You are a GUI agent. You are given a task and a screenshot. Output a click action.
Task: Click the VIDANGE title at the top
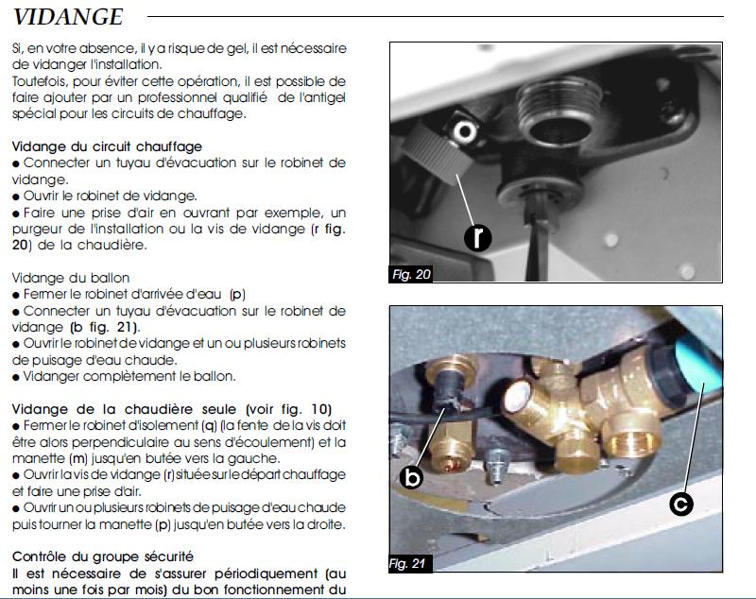coord(68,17)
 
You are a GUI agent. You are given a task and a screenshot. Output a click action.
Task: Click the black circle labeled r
coord(477,237)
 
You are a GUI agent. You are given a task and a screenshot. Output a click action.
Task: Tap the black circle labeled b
coord(411,477)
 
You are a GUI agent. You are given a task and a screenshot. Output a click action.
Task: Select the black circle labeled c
coord(681,504)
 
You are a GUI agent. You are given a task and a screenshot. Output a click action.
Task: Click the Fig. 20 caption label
coord(411,274)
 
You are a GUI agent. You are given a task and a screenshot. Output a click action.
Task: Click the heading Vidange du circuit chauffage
coord(107,146)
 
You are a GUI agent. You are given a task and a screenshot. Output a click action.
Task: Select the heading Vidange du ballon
coord(71,278)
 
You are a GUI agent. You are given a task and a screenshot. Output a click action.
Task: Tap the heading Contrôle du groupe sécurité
coord(103,556)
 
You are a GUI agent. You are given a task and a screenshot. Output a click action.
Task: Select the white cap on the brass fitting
coord(516,395)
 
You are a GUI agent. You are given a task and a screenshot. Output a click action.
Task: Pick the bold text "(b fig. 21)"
coord(105,327)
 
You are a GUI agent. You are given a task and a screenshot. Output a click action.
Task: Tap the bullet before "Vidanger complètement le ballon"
coord(16,377)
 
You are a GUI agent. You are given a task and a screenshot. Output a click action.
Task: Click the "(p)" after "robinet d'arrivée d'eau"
coord(237,295)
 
